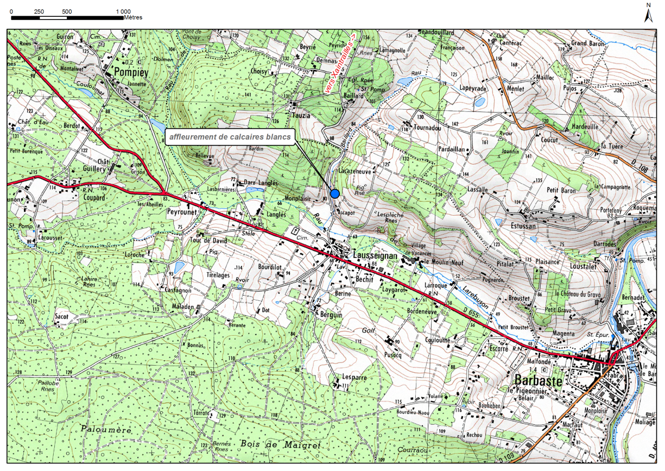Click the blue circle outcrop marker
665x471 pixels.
click(x=334, y=193)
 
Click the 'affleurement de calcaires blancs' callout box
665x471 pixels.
click(x=230, y=137)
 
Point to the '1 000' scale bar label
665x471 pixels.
click(x=123, y=11)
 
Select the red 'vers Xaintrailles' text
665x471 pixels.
click(x=340, y=64)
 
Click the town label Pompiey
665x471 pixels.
click(x=128, y=72)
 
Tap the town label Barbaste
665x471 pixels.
click(x=536, y=381)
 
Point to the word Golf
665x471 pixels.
click(x=369, y=330)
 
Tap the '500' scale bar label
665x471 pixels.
click(x=67, y=11)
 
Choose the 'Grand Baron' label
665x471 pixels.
click(x=587, y=43)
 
